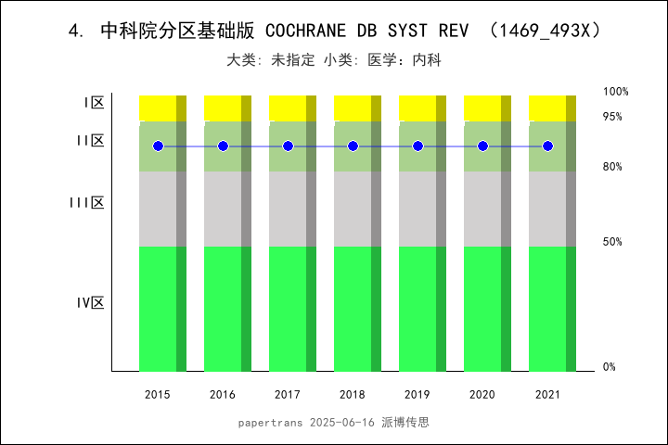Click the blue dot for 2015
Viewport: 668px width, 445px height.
click(x=158, y=146)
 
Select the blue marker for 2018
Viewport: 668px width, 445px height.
click(x=353, y=146)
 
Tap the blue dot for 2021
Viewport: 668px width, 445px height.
click(x=547, y=146)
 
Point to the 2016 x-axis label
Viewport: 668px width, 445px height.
click(x=223, y=395)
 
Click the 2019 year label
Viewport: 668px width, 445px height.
click(x=417, y=395)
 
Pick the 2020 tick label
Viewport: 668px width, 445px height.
click(x=482, y=395)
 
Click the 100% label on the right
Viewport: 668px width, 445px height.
click(x=616, y=92)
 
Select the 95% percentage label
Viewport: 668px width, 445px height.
click(x=612, y=117)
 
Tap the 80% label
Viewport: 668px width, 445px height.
click(x=612, y=167)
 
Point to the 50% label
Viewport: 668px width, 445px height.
click(x=612, y=242)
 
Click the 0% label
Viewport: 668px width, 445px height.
click(x=610, y=367)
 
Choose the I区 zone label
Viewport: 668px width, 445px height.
click(x=94, y=103)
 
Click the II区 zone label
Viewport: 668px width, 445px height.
click(x=90, y=141)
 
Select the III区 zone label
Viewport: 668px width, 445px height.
click(x=87, y=202)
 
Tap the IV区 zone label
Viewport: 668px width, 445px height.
click(x=90, y=302)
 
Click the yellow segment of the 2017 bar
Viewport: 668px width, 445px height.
click(x=288, y=108)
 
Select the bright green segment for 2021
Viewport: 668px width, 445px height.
click(x=547, y=309)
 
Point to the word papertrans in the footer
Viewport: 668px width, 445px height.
click(x=270, y=422)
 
